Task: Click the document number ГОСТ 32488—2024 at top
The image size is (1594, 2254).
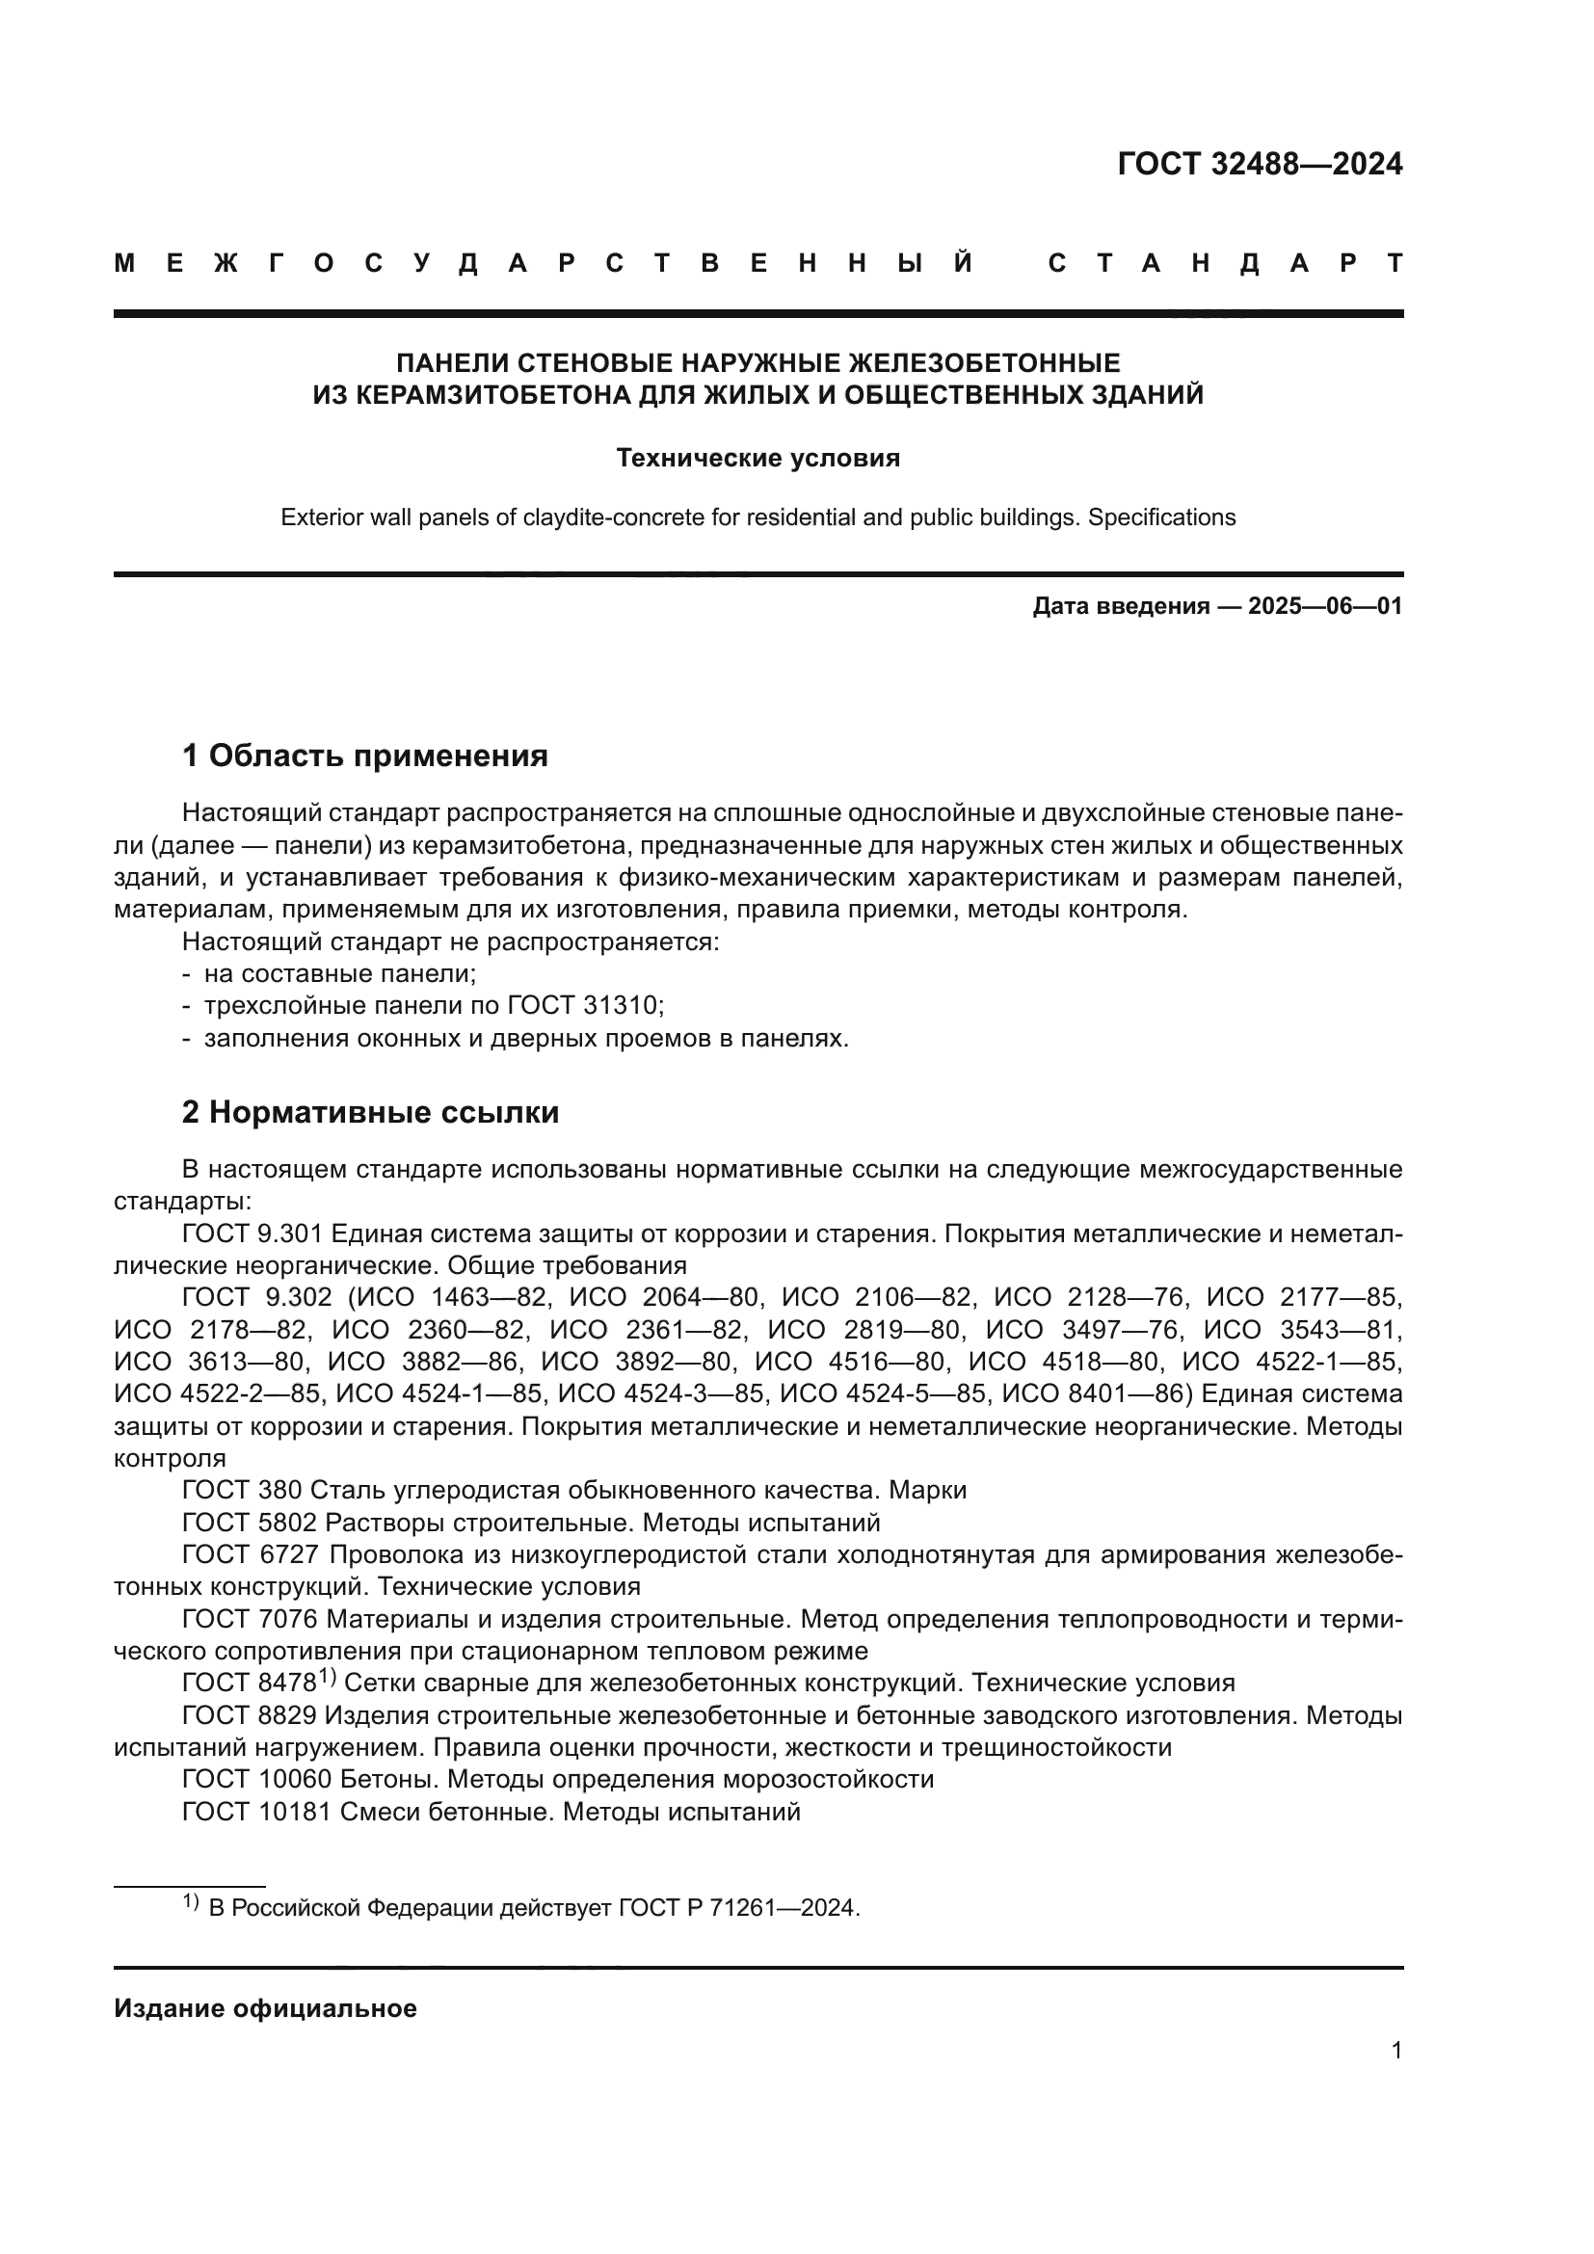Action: [x=1260, y=164]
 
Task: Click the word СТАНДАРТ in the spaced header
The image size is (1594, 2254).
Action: [x=1226, y=263]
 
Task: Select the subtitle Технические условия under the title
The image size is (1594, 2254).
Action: [x=757, y=459]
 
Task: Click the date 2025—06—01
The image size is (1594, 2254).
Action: [x=1325, y=607]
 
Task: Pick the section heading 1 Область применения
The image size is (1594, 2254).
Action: [x=364, y=755]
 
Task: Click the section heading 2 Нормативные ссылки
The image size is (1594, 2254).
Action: [x=370, y=1112]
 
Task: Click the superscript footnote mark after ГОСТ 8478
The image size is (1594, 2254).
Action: [x=327, y=1679]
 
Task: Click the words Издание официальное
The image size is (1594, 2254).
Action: [x=265, y=2008]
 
